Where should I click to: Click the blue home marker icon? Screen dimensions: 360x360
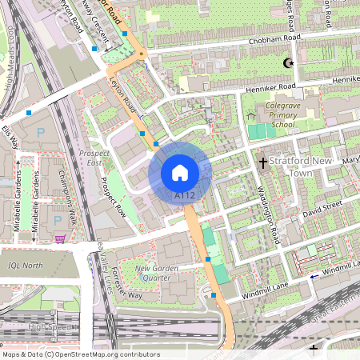tap(180, 172)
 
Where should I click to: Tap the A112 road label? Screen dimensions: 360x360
tap(185, 194)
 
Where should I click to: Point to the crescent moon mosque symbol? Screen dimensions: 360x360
tap(288, 62)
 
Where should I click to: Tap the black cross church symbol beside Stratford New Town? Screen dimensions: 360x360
tap(262, 162)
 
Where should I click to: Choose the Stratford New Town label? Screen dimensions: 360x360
tap(301, 166)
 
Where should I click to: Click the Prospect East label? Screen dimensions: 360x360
tap(94, 158)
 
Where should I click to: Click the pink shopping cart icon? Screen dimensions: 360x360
tap(61, 238)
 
